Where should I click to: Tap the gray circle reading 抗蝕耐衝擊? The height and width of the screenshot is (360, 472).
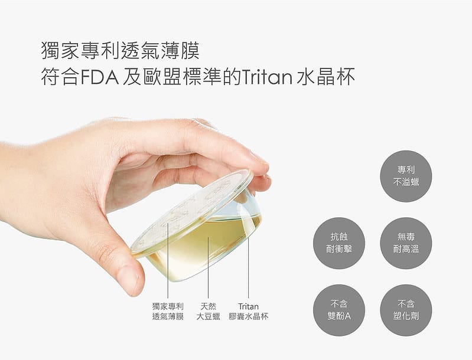[340, 243]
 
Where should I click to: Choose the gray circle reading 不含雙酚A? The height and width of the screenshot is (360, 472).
[340, 310]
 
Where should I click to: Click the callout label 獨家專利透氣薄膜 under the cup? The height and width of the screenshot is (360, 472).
[168, 311]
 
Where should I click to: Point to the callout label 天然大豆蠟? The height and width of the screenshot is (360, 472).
[208, 311]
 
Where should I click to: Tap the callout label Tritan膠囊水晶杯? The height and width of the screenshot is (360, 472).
[249, 311]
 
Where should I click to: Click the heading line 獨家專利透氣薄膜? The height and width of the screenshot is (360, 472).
[121, 50]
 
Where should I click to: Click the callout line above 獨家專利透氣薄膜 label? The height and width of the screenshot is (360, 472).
[168, 260]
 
